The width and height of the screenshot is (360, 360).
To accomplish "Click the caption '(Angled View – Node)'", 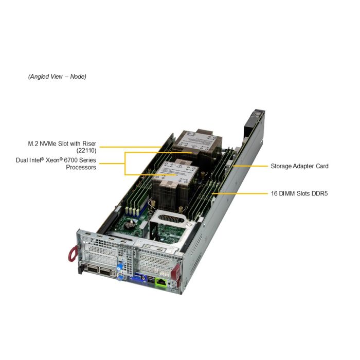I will click(57, 77).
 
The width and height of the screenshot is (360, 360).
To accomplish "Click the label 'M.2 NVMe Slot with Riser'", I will click(62, 143).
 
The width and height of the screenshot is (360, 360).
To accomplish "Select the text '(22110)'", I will click(86, 151).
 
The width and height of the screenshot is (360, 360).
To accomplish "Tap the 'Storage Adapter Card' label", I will click(299, 166).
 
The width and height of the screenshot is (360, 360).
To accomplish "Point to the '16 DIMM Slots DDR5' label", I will click(299, 194).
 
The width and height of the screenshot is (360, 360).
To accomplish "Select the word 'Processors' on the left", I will click(81, 167).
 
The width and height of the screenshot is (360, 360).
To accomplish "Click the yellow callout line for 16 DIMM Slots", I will click(242, 194).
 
